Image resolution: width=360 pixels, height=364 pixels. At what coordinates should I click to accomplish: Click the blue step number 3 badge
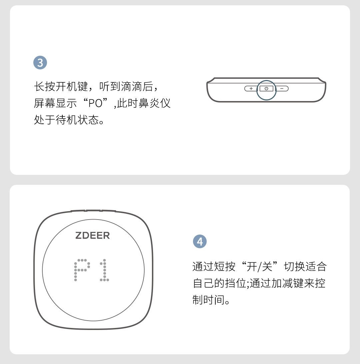40,62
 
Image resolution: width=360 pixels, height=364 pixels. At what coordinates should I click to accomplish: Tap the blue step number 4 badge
200,242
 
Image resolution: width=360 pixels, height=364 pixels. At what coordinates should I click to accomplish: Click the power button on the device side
266,88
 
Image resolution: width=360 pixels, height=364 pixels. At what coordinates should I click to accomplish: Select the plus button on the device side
251,88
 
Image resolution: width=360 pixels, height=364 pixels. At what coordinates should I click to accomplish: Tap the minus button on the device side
282,88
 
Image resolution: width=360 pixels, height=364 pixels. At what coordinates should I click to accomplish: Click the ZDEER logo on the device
93,236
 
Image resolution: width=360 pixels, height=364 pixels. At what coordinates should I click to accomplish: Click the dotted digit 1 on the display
104,270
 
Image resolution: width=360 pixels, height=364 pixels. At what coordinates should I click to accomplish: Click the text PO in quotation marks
95,103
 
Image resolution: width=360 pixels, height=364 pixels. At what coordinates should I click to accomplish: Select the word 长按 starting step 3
45,87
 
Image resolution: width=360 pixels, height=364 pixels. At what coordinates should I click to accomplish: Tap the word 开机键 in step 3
72,87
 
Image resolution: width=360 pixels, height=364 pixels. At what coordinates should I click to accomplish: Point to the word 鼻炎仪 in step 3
154,103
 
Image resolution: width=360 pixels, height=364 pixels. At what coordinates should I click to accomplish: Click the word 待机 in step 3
66,120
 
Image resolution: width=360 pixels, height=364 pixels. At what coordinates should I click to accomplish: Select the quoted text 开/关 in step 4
259,267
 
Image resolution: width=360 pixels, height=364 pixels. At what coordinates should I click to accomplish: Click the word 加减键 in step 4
287,283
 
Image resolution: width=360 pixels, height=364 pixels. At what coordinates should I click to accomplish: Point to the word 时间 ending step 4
214,300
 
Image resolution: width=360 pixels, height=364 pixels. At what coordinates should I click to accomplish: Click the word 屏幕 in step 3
45,103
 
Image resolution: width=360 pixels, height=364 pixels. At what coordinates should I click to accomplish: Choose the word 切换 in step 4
295,267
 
